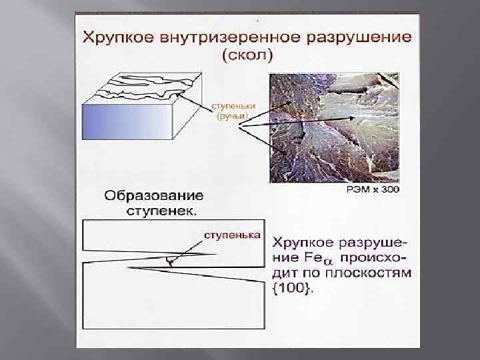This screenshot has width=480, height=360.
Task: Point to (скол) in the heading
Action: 246,55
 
